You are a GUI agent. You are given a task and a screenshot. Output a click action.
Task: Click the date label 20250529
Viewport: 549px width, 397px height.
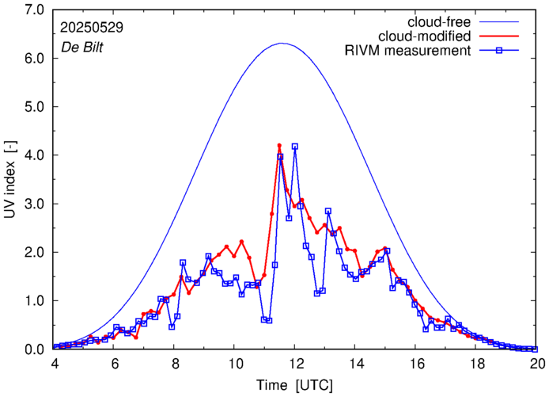click(x=91, y=27)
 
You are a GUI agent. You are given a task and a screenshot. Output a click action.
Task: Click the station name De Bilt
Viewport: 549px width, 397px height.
click(x=83, y=46)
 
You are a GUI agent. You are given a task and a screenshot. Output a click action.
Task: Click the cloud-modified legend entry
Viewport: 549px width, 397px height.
click(x=425, y=36)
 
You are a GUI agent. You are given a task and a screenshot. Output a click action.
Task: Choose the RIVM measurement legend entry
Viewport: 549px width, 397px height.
click(x=407, y=52)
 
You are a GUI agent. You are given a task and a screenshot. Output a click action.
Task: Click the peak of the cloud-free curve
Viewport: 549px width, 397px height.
click(x=282, y=44)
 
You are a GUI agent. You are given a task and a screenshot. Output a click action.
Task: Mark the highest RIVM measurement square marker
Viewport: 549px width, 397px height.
click(x=295, y=147)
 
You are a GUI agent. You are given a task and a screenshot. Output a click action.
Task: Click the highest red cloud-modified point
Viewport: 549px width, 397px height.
click(x=279, y=146)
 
